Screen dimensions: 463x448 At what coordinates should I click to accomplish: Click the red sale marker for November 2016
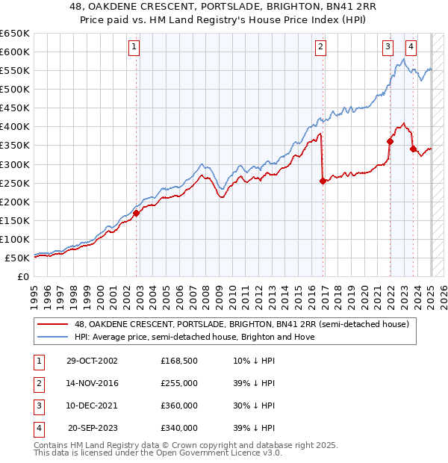[323, 180]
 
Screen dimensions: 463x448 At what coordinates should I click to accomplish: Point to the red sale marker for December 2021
[390, 140]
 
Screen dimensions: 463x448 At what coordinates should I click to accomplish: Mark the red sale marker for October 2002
[137, 213]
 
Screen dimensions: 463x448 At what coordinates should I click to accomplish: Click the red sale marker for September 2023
[413, 148]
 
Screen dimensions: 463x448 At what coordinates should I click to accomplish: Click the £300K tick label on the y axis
[14, 164]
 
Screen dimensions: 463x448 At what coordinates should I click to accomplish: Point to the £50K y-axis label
[17, 258]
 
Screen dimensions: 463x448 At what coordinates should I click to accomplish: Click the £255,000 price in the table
[179, 383]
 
